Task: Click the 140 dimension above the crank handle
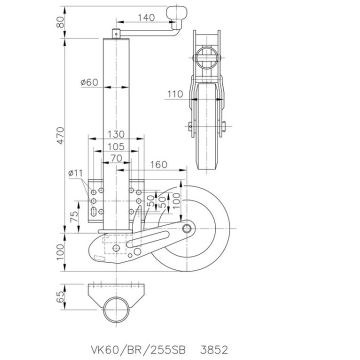click(146, 19)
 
